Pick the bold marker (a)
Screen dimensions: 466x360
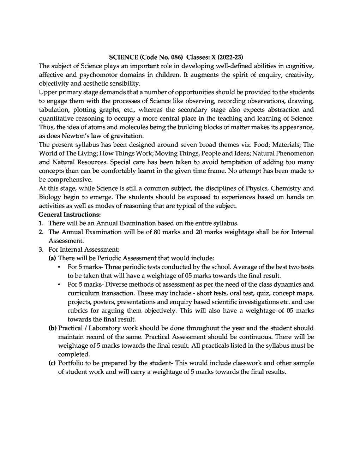click(x=52, y=258)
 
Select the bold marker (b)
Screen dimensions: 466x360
click(x=53, y=328)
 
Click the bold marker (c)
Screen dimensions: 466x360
click(x=52, y=363)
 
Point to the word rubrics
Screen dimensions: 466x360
click(x=78, y=311)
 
